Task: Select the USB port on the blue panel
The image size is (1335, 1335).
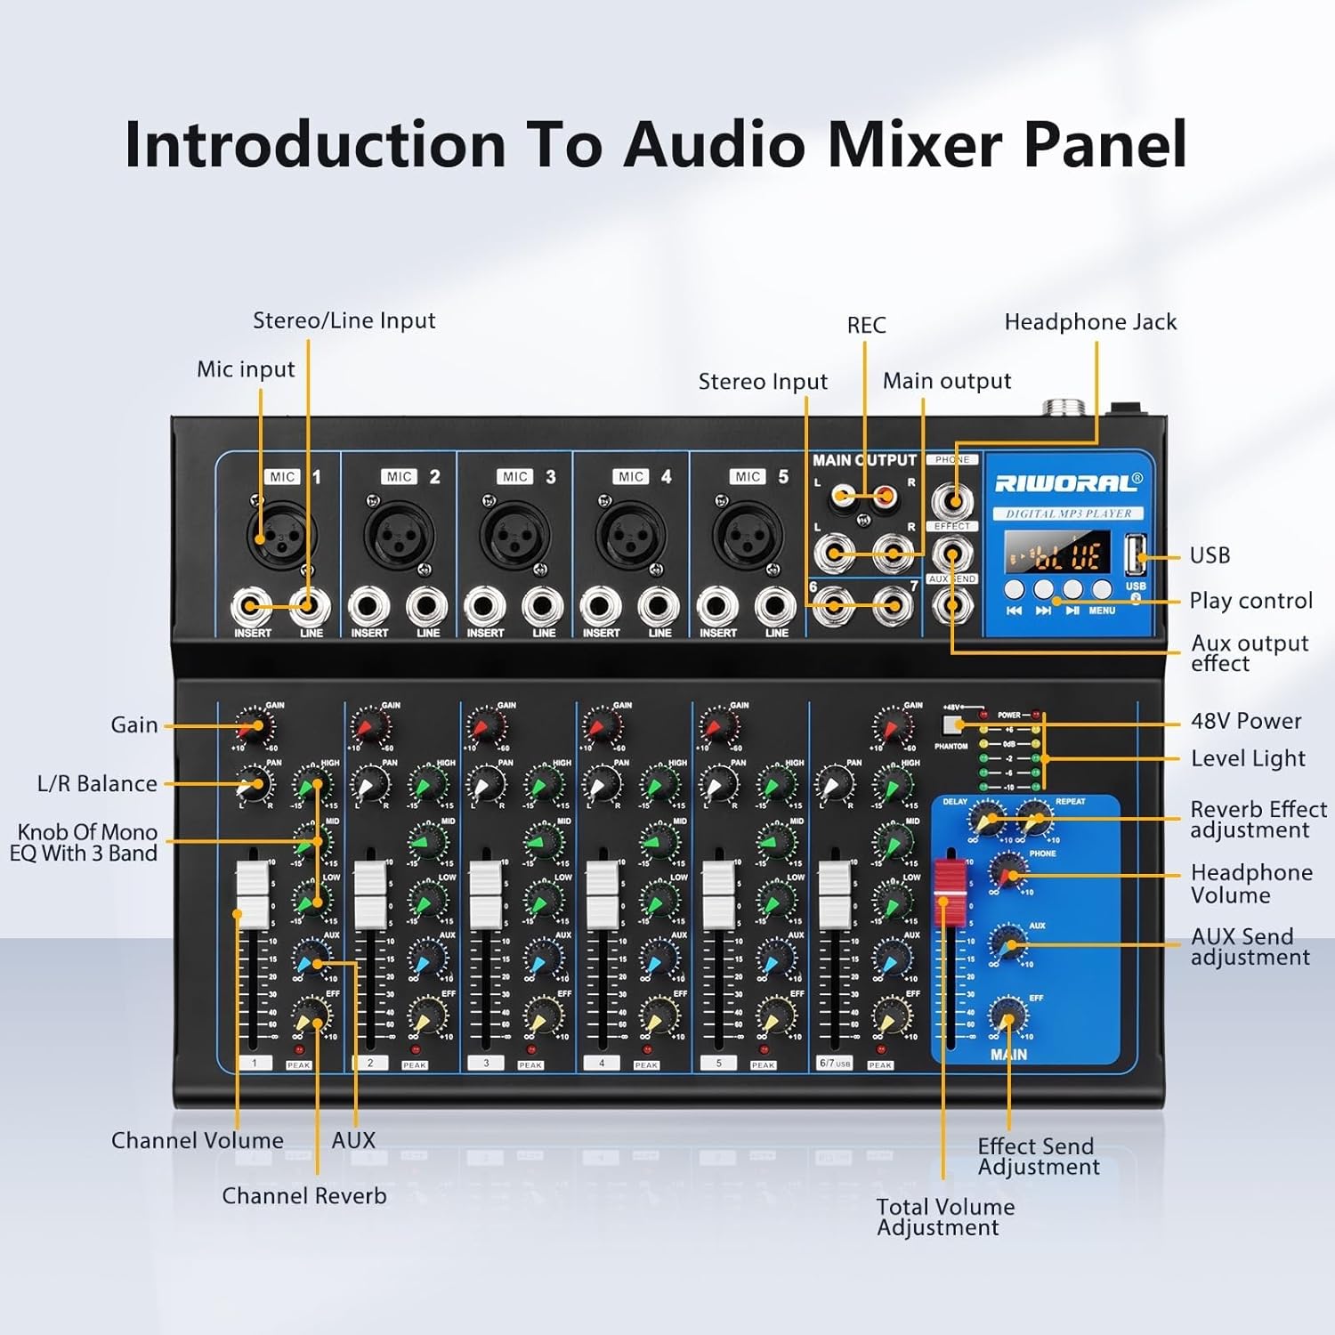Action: click(1136, 556)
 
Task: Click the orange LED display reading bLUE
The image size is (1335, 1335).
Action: click(1057, 555)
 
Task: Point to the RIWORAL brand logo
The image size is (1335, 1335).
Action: click(1067, 482)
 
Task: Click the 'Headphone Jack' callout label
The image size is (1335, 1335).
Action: click(1090, 322)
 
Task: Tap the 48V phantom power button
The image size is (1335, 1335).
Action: click(953, 724)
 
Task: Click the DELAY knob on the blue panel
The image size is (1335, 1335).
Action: click(985, 817)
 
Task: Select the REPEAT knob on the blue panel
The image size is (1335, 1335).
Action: click(1035, 817)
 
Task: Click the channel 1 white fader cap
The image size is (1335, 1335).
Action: click(252, 894)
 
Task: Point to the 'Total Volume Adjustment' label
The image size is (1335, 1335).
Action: click(944, 1217)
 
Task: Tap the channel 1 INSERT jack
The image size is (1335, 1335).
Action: click(252, 608)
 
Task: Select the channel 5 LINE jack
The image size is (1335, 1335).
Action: click(775, 608)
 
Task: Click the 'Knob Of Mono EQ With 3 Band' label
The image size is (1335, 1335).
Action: click(85, 843)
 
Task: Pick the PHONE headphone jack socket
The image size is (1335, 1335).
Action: click(952, 500)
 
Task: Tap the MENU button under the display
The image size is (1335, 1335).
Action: click(1102, 589)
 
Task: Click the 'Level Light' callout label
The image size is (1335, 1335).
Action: click(1248, 758)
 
